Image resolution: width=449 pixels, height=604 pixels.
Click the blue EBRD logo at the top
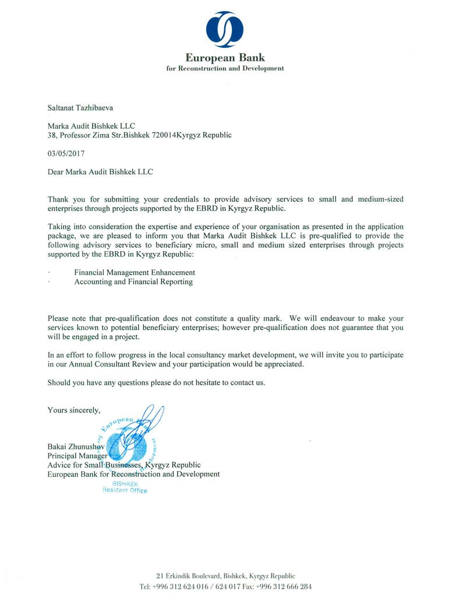(x=225, y=29)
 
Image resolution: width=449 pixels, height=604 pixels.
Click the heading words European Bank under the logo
(x=225, y=58)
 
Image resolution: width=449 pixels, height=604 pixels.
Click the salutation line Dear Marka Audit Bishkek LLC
(x=101, y=171)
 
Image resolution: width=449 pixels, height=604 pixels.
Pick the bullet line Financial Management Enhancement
(x=135, y=272)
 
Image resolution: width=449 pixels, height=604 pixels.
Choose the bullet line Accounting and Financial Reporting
(x=133, y=282)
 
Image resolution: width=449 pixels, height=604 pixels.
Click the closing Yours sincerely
(x=74, y=410)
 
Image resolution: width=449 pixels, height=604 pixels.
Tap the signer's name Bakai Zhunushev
(x=76, y=447)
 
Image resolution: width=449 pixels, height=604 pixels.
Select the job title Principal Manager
(x=77, y=456)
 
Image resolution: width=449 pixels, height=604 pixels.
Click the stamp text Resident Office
(x=125, y=490)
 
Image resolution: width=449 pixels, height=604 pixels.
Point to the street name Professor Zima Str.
(x=93, y=135)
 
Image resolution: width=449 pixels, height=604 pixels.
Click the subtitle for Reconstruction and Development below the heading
(x=225, y=68)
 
